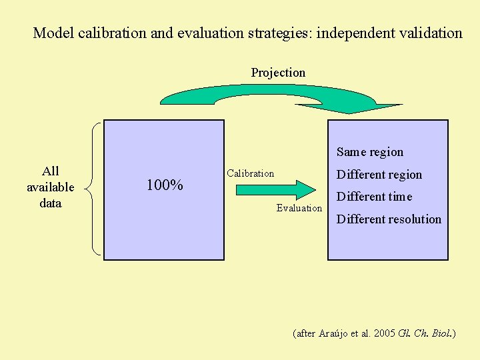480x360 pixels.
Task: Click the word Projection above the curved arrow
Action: [278, 73]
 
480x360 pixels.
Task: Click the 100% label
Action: [165, 185]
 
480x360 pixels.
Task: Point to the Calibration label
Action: [250, 173]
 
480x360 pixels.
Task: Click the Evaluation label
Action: [299, 208]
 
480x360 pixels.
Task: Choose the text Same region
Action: [370, 152]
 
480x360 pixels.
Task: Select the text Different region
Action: [379, 175]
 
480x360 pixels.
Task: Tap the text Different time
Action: [375, 197]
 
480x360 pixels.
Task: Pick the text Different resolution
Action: [389, 219]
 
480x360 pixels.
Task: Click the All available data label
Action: [50, 187]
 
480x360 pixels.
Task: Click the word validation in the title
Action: [432, 33]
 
